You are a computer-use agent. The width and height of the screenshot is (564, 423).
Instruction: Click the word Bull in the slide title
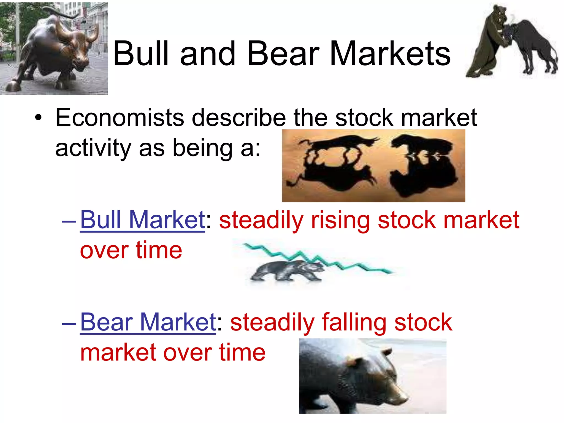(140, 54)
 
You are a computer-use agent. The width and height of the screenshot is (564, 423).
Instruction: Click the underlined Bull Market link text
(142, 220)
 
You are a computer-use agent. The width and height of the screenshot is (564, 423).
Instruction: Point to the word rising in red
(340, 221)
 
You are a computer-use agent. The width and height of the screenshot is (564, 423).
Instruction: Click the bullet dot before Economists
(39, 118)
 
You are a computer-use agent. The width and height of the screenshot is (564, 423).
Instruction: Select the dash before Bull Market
(69, 221)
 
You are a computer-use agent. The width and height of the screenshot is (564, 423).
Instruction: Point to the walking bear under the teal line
(286, 271)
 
